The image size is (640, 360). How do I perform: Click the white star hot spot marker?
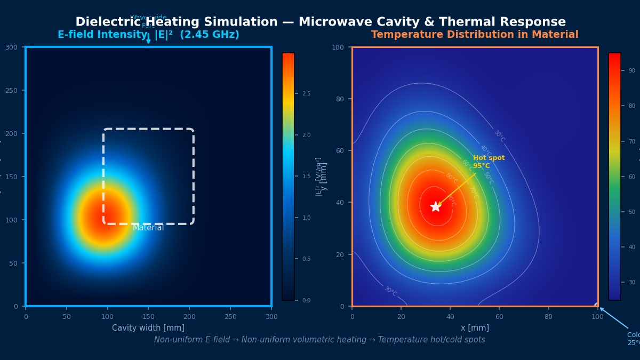click(436, 206)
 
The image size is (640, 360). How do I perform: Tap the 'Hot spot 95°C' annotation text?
click(489, 162)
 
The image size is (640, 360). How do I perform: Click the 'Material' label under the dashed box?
click(148, 228)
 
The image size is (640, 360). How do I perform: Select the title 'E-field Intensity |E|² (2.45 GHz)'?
click(148, 35)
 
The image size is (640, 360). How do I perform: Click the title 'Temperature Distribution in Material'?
click(475, 35)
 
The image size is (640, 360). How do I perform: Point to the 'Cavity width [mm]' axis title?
click(148, 328)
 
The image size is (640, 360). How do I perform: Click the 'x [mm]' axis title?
click(475, 328)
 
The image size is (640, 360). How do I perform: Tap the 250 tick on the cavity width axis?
click(230, 317)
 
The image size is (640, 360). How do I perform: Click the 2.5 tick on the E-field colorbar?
click(306, 94)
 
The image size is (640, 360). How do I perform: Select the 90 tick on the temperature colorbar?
click(631, 70)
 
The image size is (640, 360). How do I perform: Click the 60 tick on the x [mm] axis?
click(499, 317)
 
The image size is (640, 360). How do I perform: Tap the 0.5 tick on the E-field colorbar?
click(306, 259)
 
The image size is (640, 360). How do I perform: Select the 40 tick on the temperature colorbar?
click(631, 247)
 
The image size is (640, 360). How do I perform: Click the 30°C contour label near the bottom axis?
click(391, 291)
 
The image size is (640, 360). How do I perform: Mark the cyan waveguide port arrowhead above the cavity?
click(148, 41)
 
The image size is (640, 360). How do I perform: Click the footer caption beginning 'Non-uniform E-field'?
click(319, 340)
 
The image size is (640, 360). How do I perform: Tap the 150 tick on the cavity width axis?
click(148, 317)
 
